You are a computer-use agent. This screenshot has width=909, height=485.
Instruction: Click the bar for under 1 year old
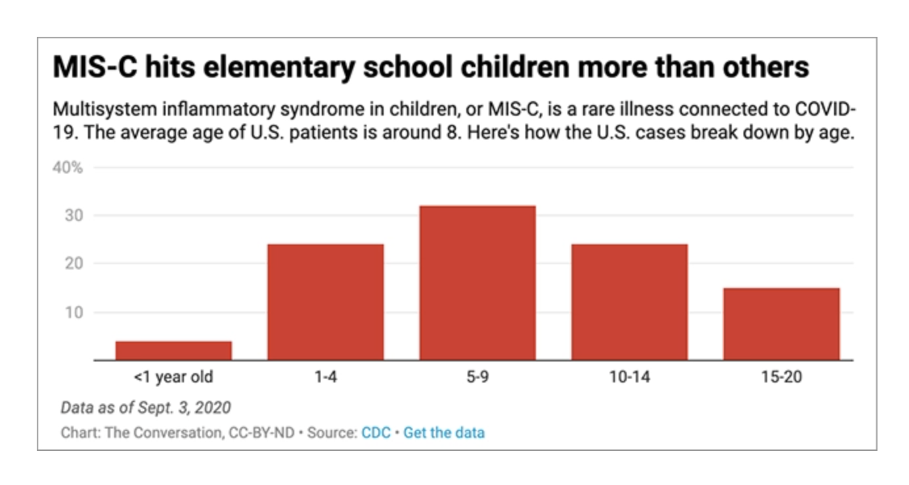tap(173, 351)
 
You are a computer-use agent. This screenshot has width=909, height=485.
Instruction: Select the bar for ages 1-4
tap(325, 302)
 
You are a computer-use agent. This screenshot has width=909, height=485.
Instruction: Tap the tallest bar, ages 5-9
tap(477, 283)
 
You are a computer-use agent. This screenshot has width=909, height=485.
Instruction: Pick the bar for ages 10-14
tap(629, 302)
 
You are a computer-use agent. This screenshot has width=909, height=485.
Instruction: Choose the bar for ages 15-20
tap(781, 324)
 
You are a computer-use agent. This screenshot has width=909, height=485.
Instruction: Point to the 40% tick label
tap(68, 168)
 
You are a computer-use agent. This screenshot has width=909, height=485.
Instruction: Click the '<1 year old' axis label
tap(173, 379)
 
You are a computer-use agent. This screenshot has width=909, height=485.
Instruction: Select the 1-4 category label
tap(326, 379)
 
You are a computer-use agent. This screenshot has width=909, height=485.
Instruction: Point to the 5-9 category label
tap(477, 379)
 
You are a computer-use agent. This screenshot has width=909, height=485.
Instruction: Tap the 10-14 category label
tap(629, 379)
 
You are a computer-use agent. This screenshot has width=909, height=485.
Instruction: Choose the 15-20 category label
tap(781, 379)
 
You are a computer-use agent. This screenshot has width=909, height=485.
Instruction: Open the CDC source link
tap(376, 433)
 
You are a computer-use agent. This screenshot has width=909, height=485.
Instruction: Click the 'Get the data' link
tap(444, 433)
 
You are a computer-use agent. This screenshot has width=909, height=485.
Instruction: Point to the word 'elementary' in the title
tap(277, 68)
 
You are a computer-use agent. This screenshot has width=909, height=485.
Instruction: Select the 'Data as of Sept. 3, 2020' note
tap(146, 407)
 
